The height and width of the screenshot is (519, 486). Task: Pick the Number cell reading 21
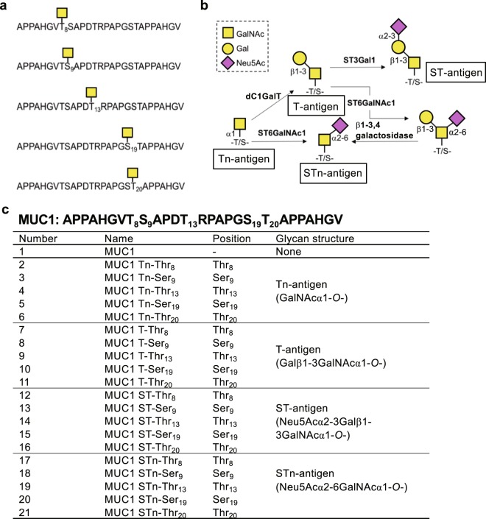point(26,508)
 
